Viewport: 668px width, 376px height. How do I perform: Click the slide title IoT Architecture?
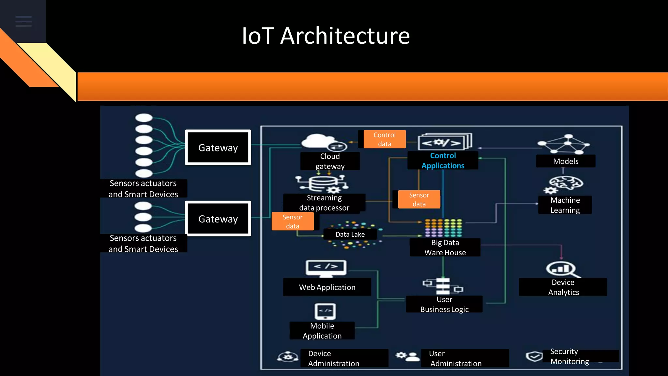pyautogui.click(x=326, y=36)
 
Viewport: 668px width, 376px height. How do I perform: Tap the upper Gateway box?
pyautogui.click(x=218, y=148)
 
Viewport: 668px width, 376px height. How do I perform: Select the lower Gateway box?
pyautogui.click(x=218, y=219)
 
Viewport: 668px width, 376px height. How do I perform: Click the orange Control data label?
pyautogui.click(x=385, y=139)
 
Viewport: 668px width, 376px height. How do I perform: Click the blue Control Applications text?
pyautogui.click(x=443, y=161)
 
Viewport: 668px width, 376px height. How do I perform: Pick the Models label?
pyautogui.click(x=566, y=161)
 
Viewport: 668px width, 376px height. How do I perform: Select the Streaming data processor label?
pyautogui.click(x=324, y=203)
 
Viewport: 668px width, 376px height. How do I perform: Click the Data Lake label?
pyautogui.click(x=350, y=234)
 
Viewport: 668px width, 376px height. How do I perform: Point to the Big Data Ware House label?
pyautogui.click(x=445, y=247)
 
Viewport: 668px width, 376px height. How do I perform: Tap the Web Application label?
pyautogui.click(x=327, y=287)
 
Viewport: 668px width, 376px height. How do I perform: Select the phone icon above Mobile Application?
pyautogui.click(x=325, y=311)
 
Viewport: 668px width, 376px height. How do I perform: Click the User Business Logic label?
pyautogui.click(x=444, y=304)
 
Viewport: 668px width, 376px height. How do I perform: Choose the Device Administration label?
pyautogui.click(x=333, y=358)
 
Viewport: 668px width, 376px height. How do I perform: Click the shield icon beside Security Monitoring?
pyautogui.click(x=534, y=356)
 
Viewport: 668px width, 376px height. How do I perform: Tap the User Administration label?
pyautogui.click(x=455, y=358)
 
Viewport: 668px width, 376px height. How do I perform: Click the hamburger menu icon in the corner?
pyautogui.click(x=23, y=21)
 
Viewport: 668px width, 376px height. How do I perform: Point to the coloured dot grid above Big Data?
pyautogui.click(x=443, y=227)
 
